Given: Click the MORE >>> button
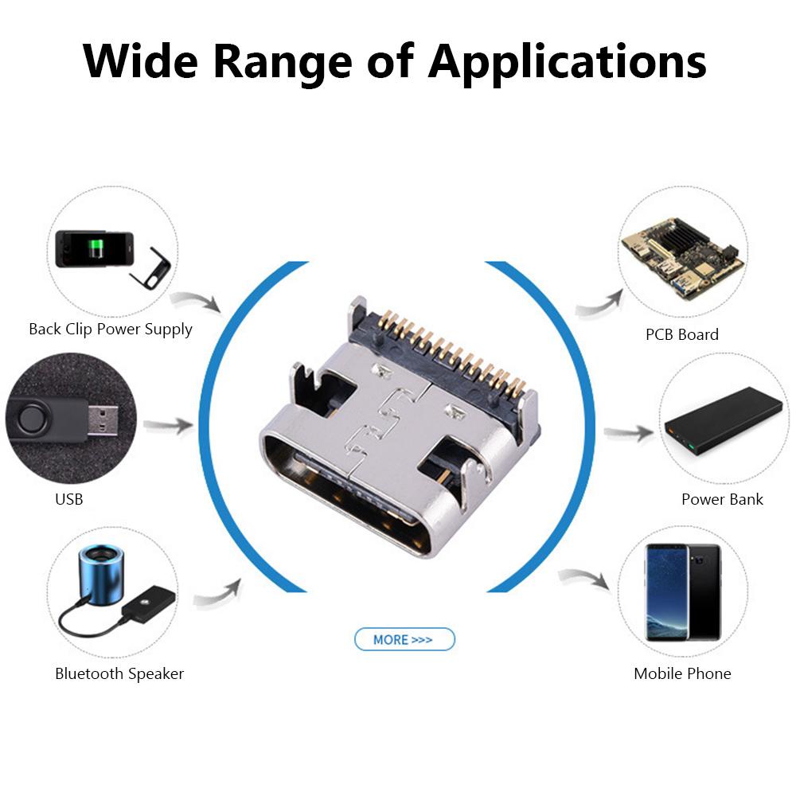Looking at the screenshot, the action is pyautogui.click(x=404, y=639).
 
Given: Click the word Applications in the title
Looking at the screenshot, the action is pyautogui.click(x=567, y=63).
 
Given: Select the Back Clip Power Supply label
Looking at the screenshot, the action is pyautogui.click(x=111, y=330).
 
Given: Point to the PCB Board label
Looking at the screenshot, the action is pyautogui.click(x=682, y=334).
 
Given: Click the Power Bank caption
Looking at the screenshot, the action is pyautogui.click(x=722, y=499).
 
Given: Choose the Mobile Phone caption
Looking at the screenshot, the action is pyautogui.click(x=682, y=673).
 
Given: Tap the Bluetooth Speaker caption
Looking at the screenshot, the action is pyautogui.click(x=119, y=673).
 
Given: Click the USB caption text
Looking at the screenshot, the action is pyautogui.click(x=69, y=500).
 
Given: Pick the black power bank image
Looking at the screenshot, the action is pyautogui.click(x=724, y=421).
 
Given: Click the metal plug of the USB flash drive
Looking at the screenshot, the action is pyautogui.click(x=103, y=421).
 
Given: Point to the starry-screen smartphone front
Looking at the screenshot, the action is pyautogui.click(x=666, y=592).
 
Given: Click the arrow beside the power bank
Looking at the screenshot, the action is pyautogui.click(x=629, y=433).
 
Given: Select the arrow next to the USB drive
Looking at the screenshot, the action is pyautogui.click(x=168, y=425).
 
